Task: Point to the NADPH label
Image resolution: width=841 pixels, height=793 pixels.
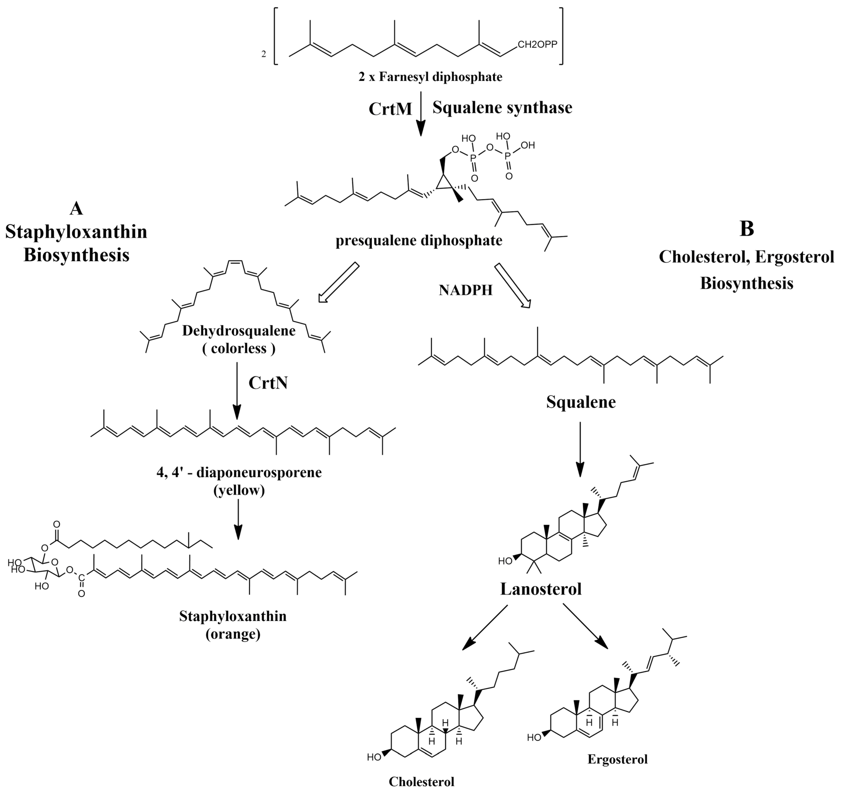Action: (465, 290)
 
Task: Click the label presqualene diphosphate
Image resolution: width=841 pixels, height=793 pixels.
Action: (419, 241)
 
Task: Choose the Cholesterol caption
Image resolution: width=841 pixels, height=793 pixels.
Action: (421, 782)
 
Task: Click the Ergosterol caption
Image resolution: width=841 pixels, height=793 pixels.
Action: (617, 759)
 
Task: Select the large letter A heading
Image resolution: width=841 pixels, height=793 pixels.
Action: (76, 208)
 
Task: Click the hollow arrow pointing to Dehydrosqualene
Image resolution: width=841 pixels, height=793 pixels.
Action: (338, 283)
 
